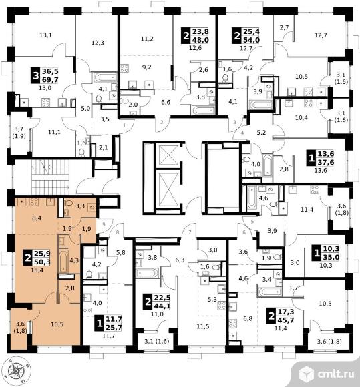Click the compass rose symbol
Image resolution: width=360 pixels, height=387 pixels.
(17, 370)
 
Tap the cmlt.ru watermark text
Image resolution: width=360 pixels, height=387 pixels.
(335, 374)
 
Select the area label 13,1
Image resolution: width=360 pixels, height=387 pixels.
(45, 35)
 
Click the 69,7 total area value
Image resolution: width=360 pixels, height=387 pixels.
(50, 79)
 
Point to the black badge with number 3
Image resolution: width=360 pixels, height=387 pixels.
(35, 75)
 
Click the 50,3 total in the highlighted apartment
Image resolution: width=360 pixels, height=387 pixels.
(42, 262)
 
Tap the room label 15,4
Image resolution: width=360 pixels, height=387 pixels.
(37, 270)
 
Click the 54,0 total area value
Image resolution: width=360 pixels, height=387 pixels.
(251, 40)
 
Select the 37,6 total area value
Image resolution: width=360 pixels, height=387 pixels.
(326, 162)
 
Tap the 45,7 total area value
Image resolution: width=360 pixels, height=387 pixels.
(286, 320)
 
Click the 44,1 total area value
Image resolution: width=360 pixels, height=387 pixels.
(162, 306)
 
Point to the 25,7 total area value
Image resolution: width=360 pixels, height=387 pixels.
(114, 327)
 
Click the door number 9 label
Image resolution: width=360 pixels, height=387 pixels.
(104, 224)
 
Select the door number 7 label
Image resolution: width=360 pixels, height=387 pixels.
(190, 232)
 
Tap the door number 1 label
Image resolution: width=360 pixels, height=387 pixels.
(124, 125)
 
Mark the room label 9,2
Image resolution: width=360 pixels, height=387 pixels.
(147, 67)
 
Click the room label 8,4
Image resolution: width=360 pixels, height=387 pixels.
(37, 218)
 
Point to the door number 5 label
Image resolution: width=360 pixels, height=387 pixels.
(252, 222)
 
